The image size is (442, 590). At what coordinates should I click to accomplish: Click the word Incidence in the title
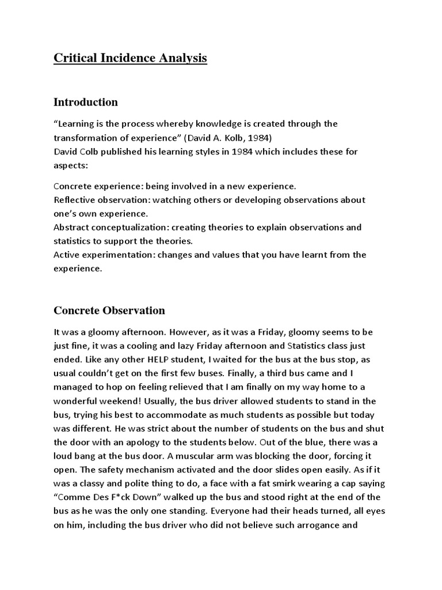click(120, 58)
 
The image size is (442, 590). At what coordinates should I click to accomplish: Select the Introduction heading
click(86, 102)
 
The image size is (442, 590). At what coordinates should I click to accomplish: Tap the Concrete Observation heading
click(109, 311)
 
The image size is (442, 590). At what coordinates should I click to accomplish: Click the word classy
click(102, 484)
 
